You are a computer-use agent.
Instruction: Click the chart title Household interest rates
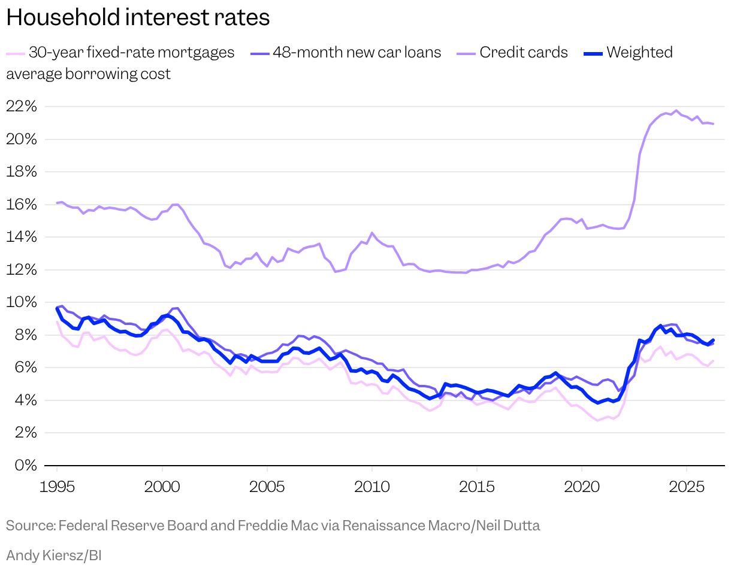[x=138, y=17]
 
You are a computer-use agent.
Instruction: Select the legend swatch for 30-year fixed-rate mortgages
[x=16, y=54]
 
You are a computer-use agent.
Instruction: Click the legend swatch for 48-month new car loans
[x=259, y=54]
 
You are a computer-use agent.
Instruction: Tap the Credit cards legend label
[x=524, y=53]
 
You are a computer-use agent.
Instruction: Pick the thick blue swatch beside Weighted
[x=593, y=54]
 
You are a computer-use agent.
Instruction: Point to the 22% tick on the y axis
[x=21, y=107]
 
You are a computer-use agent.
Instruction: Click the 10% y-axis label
[x=21, y=302]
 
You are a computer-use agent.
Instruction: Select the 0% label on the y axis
[x=26, y=466]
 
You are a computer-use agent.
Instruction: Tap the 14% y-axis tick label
[x=21, y=237]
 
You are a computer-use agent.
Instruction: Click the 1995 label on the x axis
[x=57, y=487]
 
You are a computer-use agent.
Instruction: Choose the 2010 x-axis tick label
[x=371, y=487]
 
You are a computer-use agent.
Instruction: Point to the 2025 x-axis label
[x=687, y=487]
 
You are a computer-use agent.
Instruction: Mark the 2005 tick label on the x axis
[x=267, y=487]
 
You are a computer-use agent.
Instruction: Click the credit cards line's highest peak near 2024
[x=676, y=111]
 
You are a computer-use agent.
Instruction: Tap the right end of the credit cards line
[x=713, y=124]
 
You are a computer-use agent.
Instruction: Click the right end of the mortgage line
[x=713, y=361]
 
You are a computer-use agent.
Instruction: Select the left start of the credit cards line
[x=57, y=203]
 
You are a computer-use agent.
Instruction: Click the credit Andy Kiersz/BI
[x=54, y=555]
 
